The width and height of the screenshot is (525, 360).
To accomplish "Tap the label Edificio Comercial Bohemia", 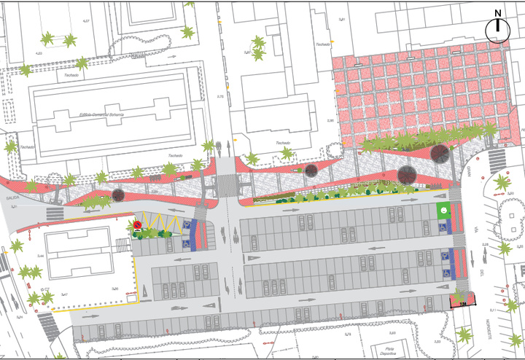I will point(101,115).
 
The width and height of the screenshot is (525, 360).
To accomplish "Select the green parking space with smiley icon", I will point(443,211).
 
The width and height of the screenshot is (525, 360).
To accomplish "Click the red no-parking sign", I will point(137,226).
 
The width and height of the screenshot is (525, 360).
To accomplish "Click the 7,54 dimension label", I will point(462,302).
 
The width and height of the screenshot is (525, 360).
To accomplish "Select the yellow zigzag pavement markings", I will point(164,222).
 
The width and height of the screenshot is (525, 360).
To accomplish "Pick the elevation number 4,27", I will point(86,21).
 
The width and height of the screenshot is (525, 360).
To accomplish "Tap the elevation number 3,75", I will point(220,96).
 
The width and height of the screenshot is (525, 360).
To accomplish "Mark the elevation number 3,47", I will point(43,293).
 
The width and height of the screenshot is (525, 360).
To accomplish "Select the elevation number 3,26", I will point(114,290).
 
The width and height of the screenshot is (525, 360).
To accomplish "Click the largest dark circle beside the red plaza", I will point(440,153).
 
